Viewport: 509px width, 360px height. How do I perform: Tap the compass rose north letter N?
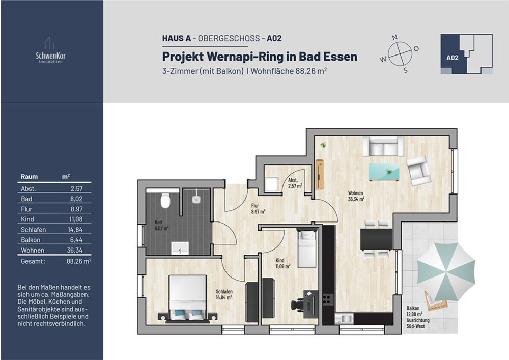(394, 38)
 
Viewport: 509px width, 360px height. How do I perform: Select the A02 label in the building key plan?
(453, 58)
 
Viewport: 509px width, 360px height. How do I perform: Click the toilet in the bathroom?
(165, 201)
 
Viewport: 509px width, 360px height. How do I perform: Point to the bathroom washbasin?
(180, 248)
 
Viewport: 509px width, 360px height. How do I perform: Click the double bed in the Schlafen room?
(188, 298)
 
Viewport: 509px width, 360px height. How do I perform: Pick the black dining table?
(376, 239)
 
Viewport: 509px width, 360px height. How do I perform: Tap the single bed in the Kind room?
(307, 248)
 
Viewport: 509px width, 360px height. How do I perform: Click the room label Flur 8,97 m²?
(258, 208)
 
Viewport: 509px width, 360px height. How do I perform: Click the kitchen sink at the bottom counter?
(347, 318)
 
